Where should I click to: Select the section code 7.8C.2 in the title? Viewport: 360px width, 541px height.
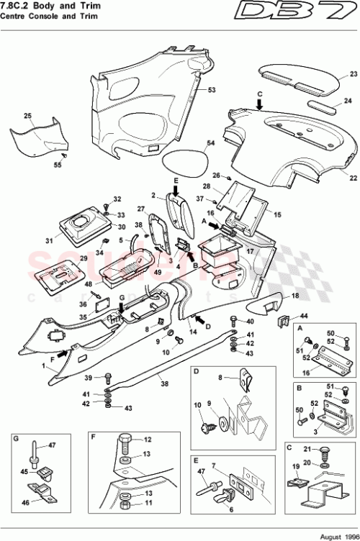pos(19,6)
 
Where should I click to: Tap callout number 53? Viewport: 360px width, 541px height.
pos(212,90)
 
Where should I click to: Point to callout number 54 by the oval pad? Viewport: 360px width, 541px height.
pos(211,144)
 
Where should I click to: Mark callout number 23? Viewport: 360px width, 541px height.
pos(354,74)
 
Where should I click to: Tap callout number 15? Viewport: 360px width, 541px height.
pos(279,214)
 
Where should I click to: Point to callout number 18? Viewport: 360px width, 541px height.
pos(295,296)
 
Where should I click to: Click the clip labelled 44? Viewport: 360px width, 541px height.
pos(284,318)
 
